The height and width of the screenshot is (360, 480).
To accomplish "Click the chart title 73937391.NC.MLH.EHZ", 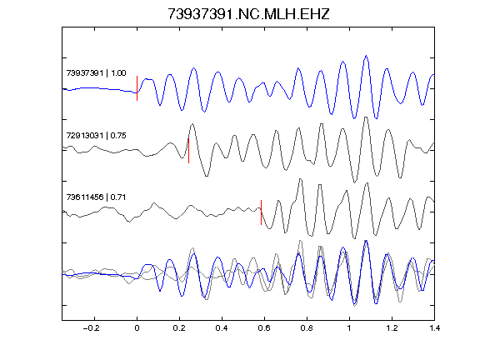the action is click(248, 14).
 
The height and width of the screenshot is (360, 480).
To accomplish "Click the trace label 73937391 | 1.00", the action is click(96, 73).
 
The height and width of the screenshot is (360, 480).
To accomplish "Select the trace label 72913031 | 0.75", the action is click(96, 136).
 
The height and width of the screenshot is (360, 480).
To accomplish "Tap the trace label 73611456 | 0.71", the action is click(96, 197).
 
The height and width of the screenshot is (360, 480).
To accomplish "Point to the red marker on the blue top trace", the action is click(137, 88).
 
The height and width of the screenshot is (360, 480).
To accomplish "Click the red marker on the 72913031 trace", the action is click(188, 151).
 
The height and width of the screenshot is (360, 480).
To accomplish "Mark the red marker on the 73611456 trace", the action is click(261, 212).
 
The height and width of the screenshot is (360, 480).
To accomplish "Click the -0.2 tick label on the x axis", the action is click(92, 328).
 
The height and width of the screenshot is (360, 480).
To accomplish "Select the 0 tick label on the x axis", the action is click(137, 328).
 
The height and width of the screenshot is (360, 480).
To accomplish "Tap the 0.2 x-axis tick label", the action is click(179, 328).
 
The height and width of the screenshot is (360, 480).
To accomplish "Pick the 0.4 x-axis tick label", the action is click(222, 328).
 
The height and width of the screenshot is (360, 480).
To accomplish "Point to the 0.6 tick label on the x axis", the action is click(264, 328).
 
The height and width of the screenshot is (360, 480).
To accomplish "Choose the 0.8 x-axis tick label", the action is click(307, 328).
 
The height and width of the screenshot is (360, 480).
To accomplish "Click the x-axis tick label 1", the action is click(349, 328).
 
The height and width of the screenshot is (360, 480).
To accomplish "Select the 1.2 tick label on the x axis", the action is click(392, 328).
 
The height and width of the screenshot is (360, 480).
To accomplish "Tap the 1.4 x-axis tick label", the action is click(434, 328).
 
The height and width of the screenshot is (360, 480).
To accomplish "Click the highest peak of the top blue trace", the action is click(366, 56).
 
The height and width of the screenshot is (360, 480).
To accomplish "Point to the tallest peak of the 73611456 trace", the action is click(301, 179).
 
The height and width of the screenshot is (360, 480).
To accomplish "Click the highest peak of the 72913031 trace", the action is click(366, 117).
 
